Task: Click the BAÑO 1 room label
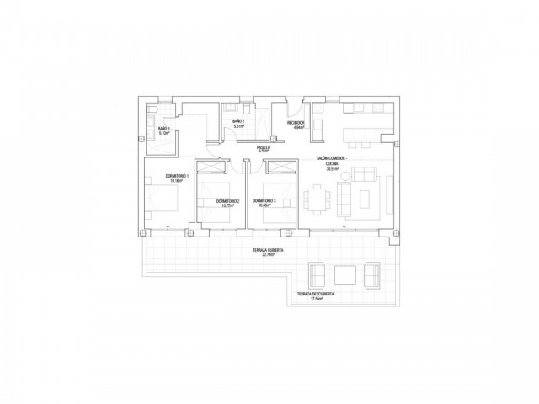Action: (163, 129)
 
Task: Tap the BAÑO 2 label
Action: (238, 122)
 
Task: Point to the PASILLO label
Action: (263, 147)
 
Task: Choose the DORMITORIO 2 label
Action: (227, 201)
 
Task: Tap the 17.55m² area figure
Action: (317, 299)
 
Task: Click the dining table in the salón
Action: (319, 199)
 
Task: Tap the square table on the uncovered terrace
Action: (345, 275)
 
